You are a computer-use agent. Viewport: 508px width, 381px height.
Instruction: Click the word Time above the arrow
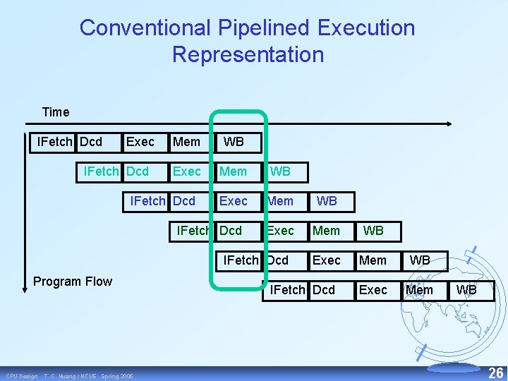click(x=56, y=112)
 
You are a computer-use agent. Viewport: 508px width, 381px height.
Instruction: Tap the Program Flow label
click(x=73, y=282)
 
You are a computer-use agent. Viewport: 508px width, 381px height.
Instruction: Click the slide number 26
click(x=496, y=373)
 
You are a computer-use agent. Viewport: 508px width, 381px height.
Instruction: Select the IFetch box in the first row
click(x=54, y=142)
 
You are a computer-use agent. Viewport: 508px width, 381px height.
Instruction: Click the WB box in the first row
click(x=234, y=142)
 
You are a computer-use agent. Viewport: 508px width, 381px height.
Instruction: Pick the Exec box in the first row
click(x=140, y=142)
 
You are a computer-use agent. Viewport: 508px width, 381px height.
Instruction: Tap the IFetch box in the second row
click(x=101, y=171)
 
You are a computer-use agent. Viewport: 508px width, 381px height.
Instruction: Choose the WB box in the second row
click(x=280, y=171)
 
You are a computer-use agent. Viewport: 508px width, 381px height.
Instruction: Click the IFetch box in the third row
click(x=147, y=201)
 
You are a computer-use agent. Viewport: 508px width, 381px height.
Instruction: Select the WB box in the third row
click(x=327, y=201)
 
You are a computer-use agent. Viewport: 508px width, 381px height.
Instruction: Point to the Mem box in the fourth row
click(x=326, y=231)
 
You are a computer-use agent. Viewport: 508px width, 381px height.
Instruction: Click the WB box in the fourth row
click(x=373, y=231)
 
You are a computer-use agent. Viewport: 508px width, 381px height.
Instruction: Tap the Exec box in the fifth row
click(x=326, y=260)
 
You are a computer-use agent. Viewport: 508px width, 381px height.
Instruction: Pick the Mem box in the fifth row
click(x=373, y=260)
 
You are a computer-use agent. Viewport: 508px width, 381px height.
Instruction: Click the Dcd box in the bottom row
click(x=324, y=290)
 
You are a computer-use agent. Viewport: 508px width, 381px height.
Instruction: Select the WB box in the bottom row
click(x=466, y=290)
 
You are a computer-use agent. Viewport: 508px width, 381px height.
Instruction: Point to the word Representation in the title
click(x=248, y=54)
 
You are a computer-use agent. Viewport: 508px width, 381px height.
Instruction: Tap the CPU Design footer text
click(x=22, y=376)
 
